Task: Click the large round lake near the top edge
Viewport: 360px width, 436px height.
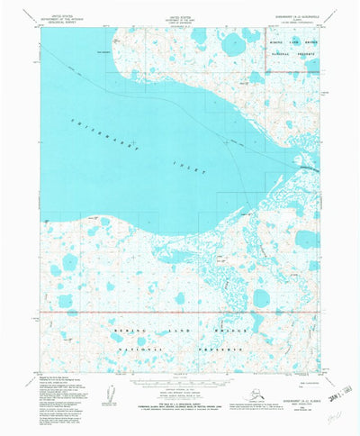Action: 223,39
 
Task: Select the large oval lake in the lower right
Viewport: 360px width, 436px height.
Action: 262,297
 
